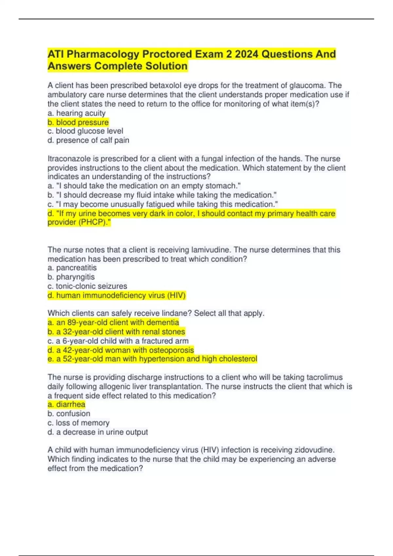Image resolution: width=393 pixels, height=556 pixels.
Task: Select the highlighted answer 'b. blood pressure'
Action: coord(78,122)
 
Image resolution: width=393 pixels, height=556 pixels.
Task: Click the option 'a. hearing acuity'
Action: coord(77,113)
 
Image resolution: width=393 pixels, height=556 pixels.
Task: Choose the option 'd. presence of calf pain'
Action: coord(88,140)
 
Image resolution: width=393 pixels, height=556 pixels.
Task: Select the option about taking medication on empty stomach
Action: coord(144,186)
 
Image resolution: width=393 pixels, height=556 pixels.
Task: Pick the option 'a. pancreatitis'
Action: coord(72,268)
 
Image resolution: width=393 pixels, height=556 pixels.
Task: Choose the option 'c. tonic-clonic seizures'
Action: coord(87,286)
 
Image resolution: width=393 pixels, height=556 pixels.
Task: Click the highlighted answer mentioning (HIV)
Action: coord(117,295)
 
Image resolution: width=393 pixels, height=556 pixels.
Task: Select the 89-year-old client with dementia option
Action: coord(113,322)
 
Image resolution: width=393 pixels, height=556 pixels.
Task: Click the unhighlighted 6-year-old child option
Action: coord(118,341)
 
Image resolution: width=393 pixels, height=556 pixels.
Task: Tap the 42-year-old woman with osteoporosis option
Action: coord(121,350)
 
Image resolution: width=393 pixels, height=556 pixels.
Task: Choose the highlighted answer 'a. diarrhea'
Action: coord(66,405)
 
